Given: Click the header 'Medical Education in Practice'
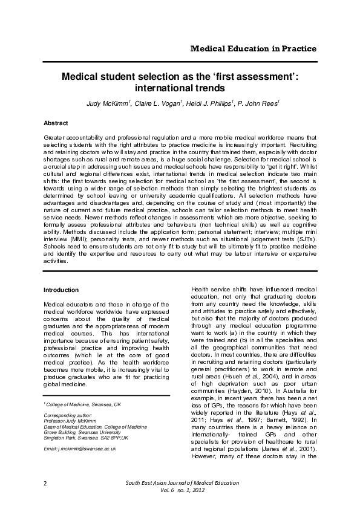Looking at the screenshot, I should pyautogui.click(x=253, y=48).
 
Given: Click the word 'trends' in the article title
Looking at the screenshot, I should pyautogui.click(x=217, y=88).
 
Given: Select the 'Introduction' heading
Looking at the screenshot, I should pyautogui.click(x=62, y=290).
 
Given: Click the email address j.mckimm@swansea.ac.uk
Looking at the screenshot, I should pyautogui.click(x=80, y=449).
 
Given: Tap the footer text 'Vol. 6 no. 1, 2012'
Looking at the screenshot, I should pyautogui.click(x=182, y=491).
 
